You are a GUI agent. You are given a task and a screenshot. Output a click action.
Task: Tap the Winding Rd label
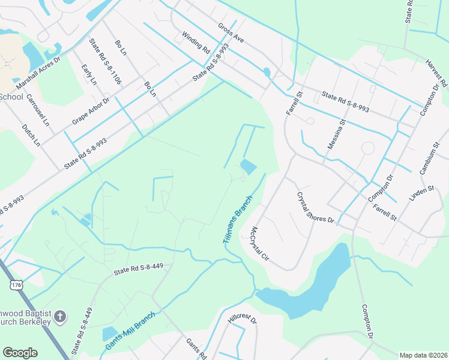click(195, 42)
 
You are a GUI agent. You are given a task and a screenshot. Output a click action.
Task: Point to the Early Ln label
click(89, 73)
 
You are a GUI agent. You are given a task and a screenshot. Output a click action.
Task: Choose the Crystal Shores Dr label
click(315, 208)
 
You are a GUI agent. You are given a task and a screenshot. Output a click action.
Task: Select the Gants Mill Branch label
click(130, 331)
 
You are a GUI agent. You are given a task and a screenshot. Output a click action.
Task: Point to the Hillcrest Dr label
click(242, 319)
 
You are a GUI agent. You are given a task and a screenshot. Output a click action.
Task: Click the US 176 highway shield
click(16, 285)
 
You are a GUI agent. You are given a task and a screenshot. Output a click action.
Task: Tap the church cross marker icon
click(60, 316)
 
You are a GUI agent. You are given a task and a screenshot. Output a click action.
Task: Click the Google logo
click(20, 352)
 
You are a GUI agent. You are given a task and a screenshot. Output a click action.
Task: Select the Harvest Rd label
click(436, 74)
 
